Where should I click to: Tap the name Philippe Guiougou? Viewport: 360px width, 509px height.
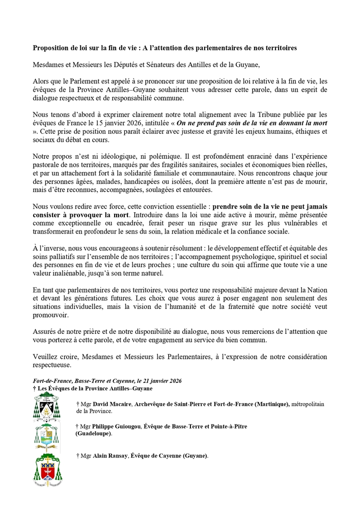[x=116, y=426]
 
